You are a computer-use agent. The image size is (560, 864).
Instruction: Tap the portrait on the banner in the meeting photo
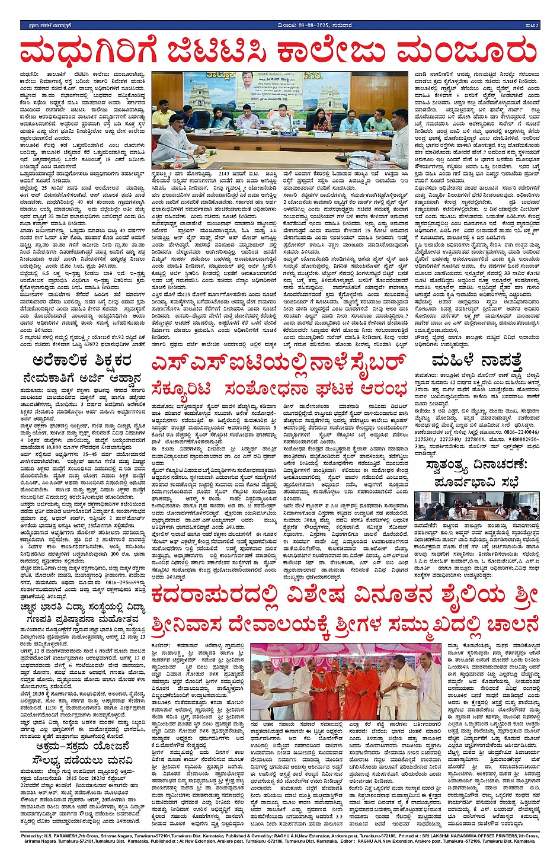(x=247, y=80)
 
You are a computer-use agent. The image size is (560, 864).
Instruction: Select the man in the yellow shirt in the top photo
(x=163, y=116)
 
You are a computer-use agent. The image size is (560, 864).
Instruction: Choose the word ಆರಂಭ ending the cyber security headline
(x=384, y=389)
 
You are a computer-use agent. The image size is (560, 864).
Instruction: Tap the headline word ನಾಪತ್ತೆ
(x=500, y=360)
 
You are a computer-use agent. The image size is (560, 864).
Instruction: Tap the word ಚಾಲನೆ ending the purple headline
(x=510, y=624)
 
